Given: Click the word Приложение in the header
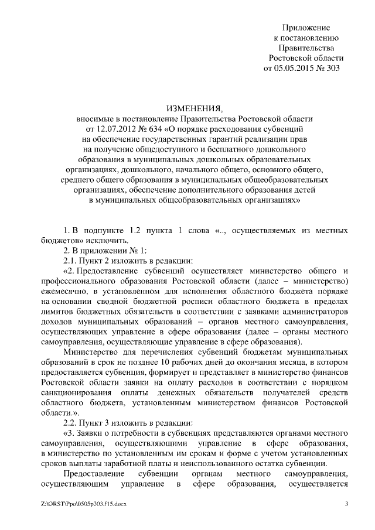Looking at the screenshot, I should (306, 28).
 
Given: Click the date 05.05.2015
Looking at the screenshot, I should (296, 67).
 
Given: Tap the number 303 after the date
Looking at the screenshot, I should (332, 67).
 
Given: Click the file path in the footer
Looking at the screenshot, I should (84, 504).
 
